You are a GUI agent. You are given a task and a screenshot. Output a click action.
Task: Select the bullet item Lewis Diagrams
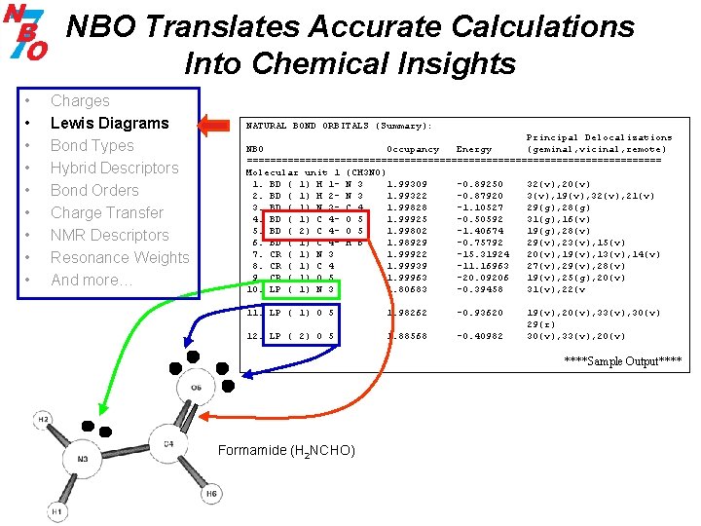pos(109,123)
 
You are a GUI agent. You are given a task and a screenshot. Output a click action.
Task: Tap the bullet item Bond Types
pos(92,145)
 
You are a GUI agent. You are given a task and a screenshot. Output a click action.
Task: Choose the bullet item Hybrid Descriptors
pos(114,168)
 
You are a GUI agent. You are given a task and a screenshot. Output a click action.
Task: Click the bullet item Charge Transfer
pos(106,212)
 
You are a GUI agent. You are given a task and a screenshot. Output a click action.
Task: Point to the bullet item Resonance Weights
pos(120,257)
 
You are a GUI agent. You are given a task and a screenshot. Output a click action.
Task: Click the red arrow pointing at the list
pos(217,124)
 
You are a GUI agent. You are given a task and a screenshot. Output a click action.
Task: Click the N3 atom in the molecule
pos(82,459)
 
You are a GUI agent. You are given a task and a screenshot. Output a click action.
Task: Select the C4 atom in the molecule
pos(166,445)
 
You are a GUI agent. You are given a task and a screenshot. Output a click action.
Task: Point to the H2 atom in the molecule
pos(44,420)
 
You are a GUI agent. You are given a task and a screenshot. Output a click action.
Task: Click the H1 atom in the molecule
pos(57,510)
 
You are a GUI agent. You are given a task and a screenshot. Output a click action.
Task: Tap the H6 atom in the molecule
pos(211,494)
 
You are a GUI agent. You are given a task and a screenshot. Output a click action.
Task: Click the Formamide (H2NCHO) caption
pos(286,451)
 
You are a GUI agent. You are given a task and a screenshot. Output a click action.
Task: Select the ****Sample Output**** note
pos(623,362)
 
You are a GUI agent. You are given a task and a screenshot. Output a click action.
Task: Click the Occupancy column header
pos(413,149)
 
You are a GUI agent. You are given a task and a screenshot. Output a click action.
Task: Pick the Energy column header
pos(474,149)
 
